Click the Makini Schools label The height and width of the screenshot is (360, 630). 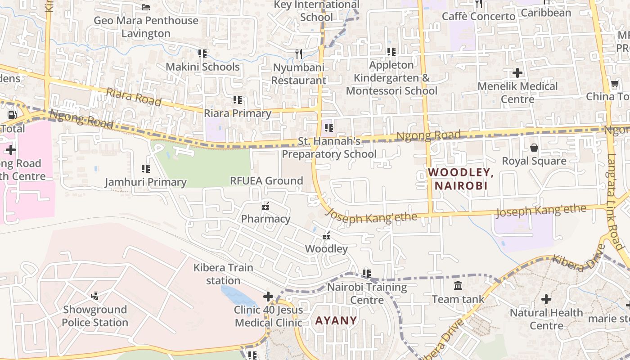pyautogui.click(x=202, y=67)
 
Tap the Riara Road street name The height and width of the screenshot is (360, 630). pyautogui.click(x=134, y=97)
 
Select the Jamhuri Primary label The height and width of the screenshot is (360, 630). pyautogui.click(x=145, y=182)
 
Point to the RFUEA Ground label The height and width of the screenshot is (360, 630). pyautogui.click(x=266, y=180)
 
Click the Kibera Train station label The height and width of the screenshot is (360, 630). pyautogui.click(x=223, y=274)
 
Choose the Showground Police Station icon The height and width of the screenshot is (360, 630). pyautogui.click(x=94, y=296)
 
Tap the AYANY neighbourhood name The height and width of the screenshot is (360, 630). pyautogui.click(x=336, y=320)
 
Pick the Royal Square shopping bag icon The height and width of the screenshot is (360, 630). pyautogui.click(x=534, y=147)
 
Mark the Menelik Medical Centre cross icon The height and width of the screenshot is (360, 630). pyautogui.click(x=517, y=72)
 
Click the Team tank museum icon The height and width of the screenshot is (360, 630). pyautogui.click(x=458, y=285)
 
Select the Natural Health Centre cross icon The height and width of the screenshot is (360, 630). pyautogui.click(x=546, y=299)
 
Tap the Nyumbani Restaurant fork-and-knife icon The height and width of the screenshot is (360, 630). pyautogui.click(x=299, y=54)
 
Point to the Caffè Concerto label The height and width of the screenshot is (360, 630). pyautogui.click(x=478, y=17)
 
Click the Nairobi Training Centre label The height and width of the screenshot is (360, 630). pyautogui.click(x=367, y=293)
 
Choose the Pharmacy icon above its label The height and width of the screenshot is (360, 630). pyautogui.click(x=265, y=206)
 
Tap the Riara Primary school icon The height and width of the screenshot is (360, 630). pyautogui.click(x=238, y=100)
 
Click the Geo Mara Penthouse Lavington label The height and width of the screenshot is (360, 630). pyautogui.click(x=146, y=27)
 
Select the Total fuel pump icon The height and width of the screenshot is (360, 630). pyautogui.click(x=13, y=115)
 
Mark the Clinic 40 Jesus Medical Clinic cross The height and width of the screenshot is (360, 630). pyautogui.click(x=268, y=297)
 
